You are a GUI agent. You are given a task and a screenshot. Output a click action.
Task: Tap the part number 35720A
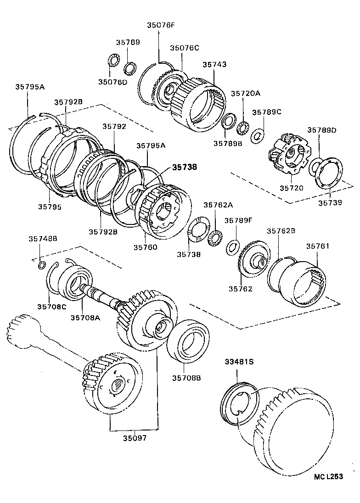tap(245, 93)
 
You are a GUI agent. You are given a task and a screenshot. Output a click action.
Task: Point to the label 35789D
tap(321, 130)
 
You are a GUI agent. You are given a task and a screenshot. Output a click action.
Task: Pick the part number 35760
tap(145, 247)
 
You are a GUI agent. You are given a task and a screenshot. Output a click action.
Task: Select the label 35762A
tap(218, 205)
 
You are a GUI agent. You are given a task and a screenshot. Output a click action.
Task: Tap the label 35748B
tap(43, 238)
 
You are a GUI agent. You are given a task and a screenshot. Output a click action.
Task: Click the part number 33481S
tap(239, 362)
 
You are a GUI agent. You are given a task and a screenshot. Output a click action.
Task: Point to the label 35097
tap(135, 438)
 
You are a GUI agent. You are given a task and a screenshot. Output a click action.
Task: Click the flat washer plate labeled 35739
tap(329, 177)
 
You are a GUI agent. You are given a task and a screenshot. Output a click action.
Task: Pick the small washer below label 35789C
tap(258, 135)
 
